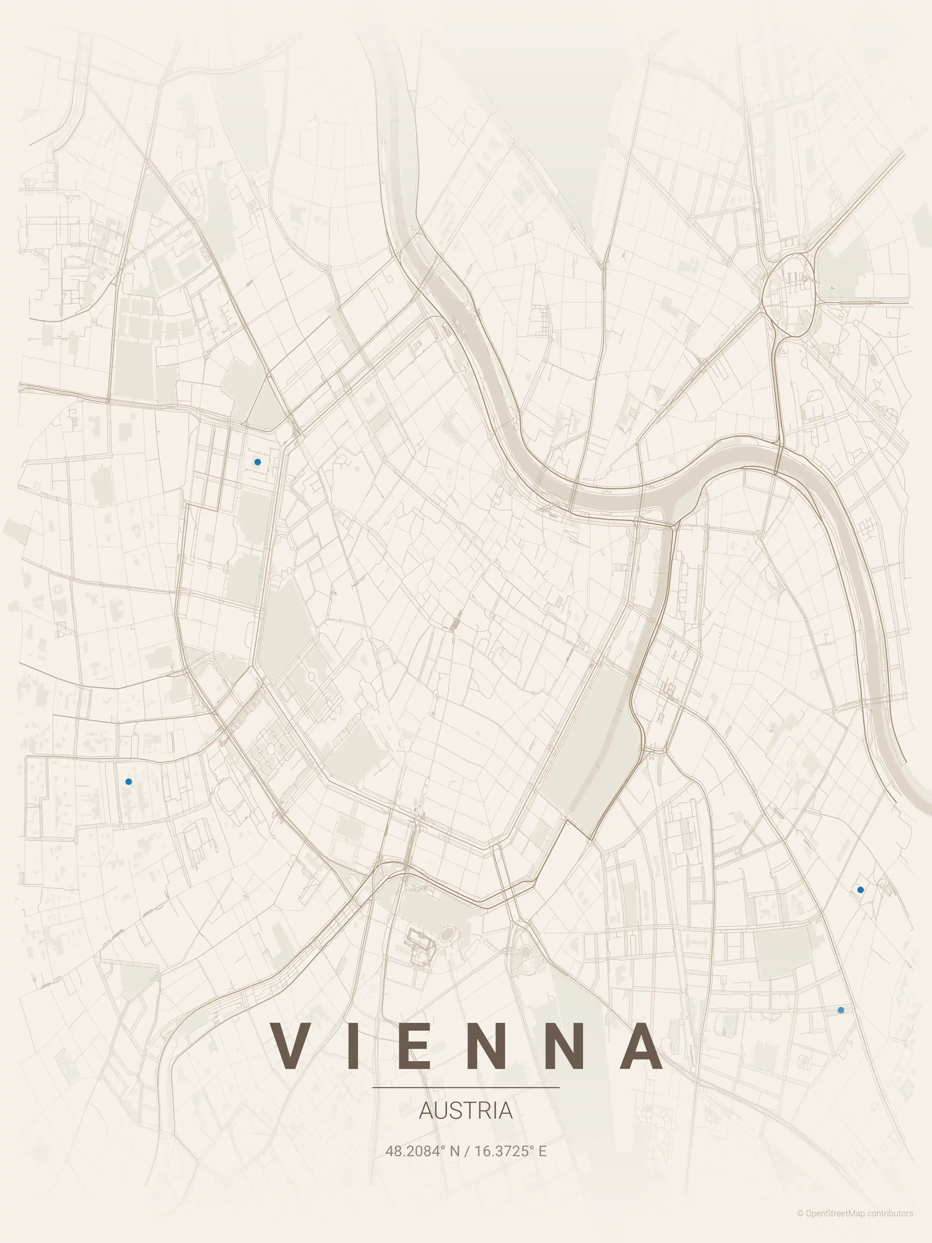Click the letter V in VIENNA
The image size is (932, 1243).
[294, 1046]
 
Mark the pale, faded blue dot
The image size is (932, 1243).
[840, 1010]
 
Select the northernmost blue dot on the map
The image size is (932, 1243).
[257, 462]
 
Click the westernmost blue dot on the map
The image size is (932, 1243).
[129, 781]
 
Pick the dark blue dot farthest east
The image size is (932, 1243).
[860, 890]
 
